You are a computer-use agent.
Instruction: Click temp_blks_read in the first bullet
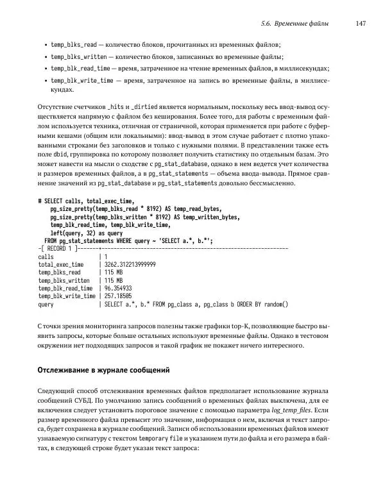(x=74, y=44)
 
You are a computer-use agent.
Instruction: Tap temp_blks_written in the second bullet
(x=78, y=56)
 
